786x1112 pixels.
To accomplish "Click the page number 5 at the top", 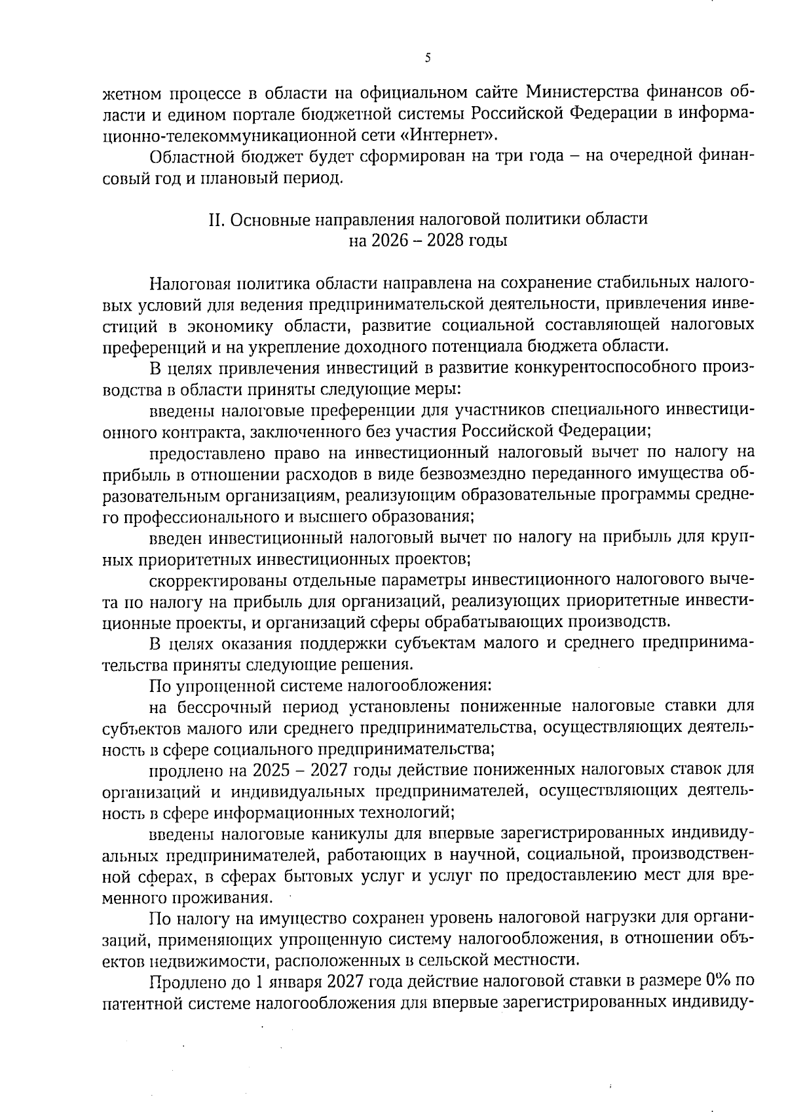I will pyautogui.click(x=427, y=58).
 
